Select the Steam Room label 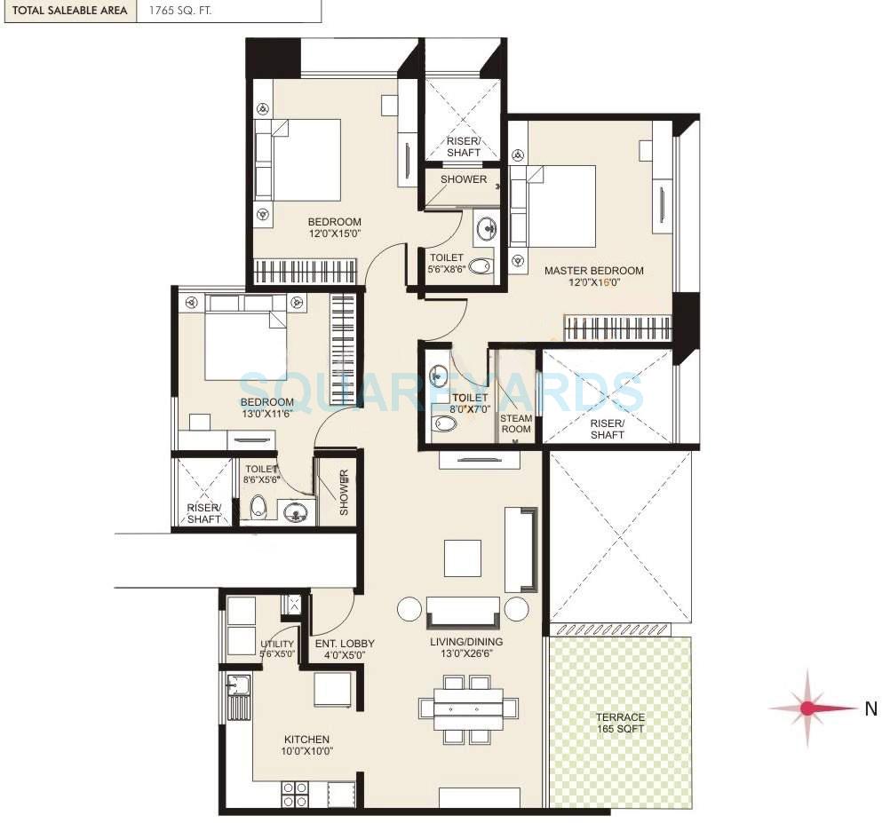coord(516,423)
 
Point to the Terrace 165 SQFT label coord(620,723)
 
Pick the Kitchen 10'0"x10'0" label coord(306,745)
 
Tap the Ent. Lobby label coord(345,649)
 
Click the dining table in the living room coord(468,709)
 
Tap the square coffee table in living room coord(462,558)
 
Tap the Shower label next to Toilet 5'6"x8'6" coord(464,179)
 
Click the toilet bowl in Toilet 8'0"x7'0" coord(443,424)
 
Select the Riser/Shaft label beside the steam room coord(607,430)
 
